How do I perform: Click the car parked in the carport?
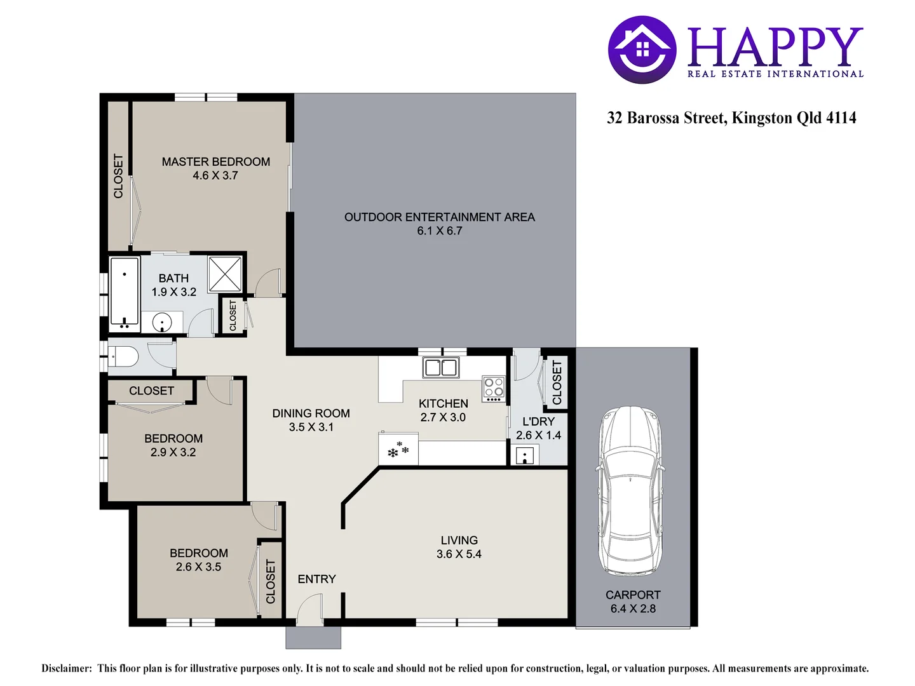630,492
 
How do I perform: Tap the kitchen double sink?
441,368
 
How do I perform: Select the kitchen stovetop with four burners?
494,389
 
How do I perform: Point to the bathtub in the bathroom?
124,294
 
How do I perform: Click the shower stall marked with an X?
225,274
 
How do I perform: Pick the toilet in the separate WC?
123,356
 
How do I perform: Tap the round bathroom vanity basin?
162,323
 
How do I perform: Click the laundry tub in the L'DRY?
525,455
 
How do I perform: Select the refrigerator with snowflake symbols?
398,449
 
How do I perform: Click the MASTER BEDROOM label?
216,161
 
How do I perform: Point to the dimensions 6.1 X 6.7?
440,231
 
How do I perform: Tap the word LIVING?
459,540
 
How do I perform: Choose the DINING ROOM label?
311,413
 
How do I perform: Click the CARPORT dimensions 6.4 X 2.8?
634,609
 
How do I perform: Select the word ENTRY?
317,579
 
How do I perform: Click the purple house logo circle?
642,50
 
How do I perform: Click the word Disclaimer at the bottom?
67,668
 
